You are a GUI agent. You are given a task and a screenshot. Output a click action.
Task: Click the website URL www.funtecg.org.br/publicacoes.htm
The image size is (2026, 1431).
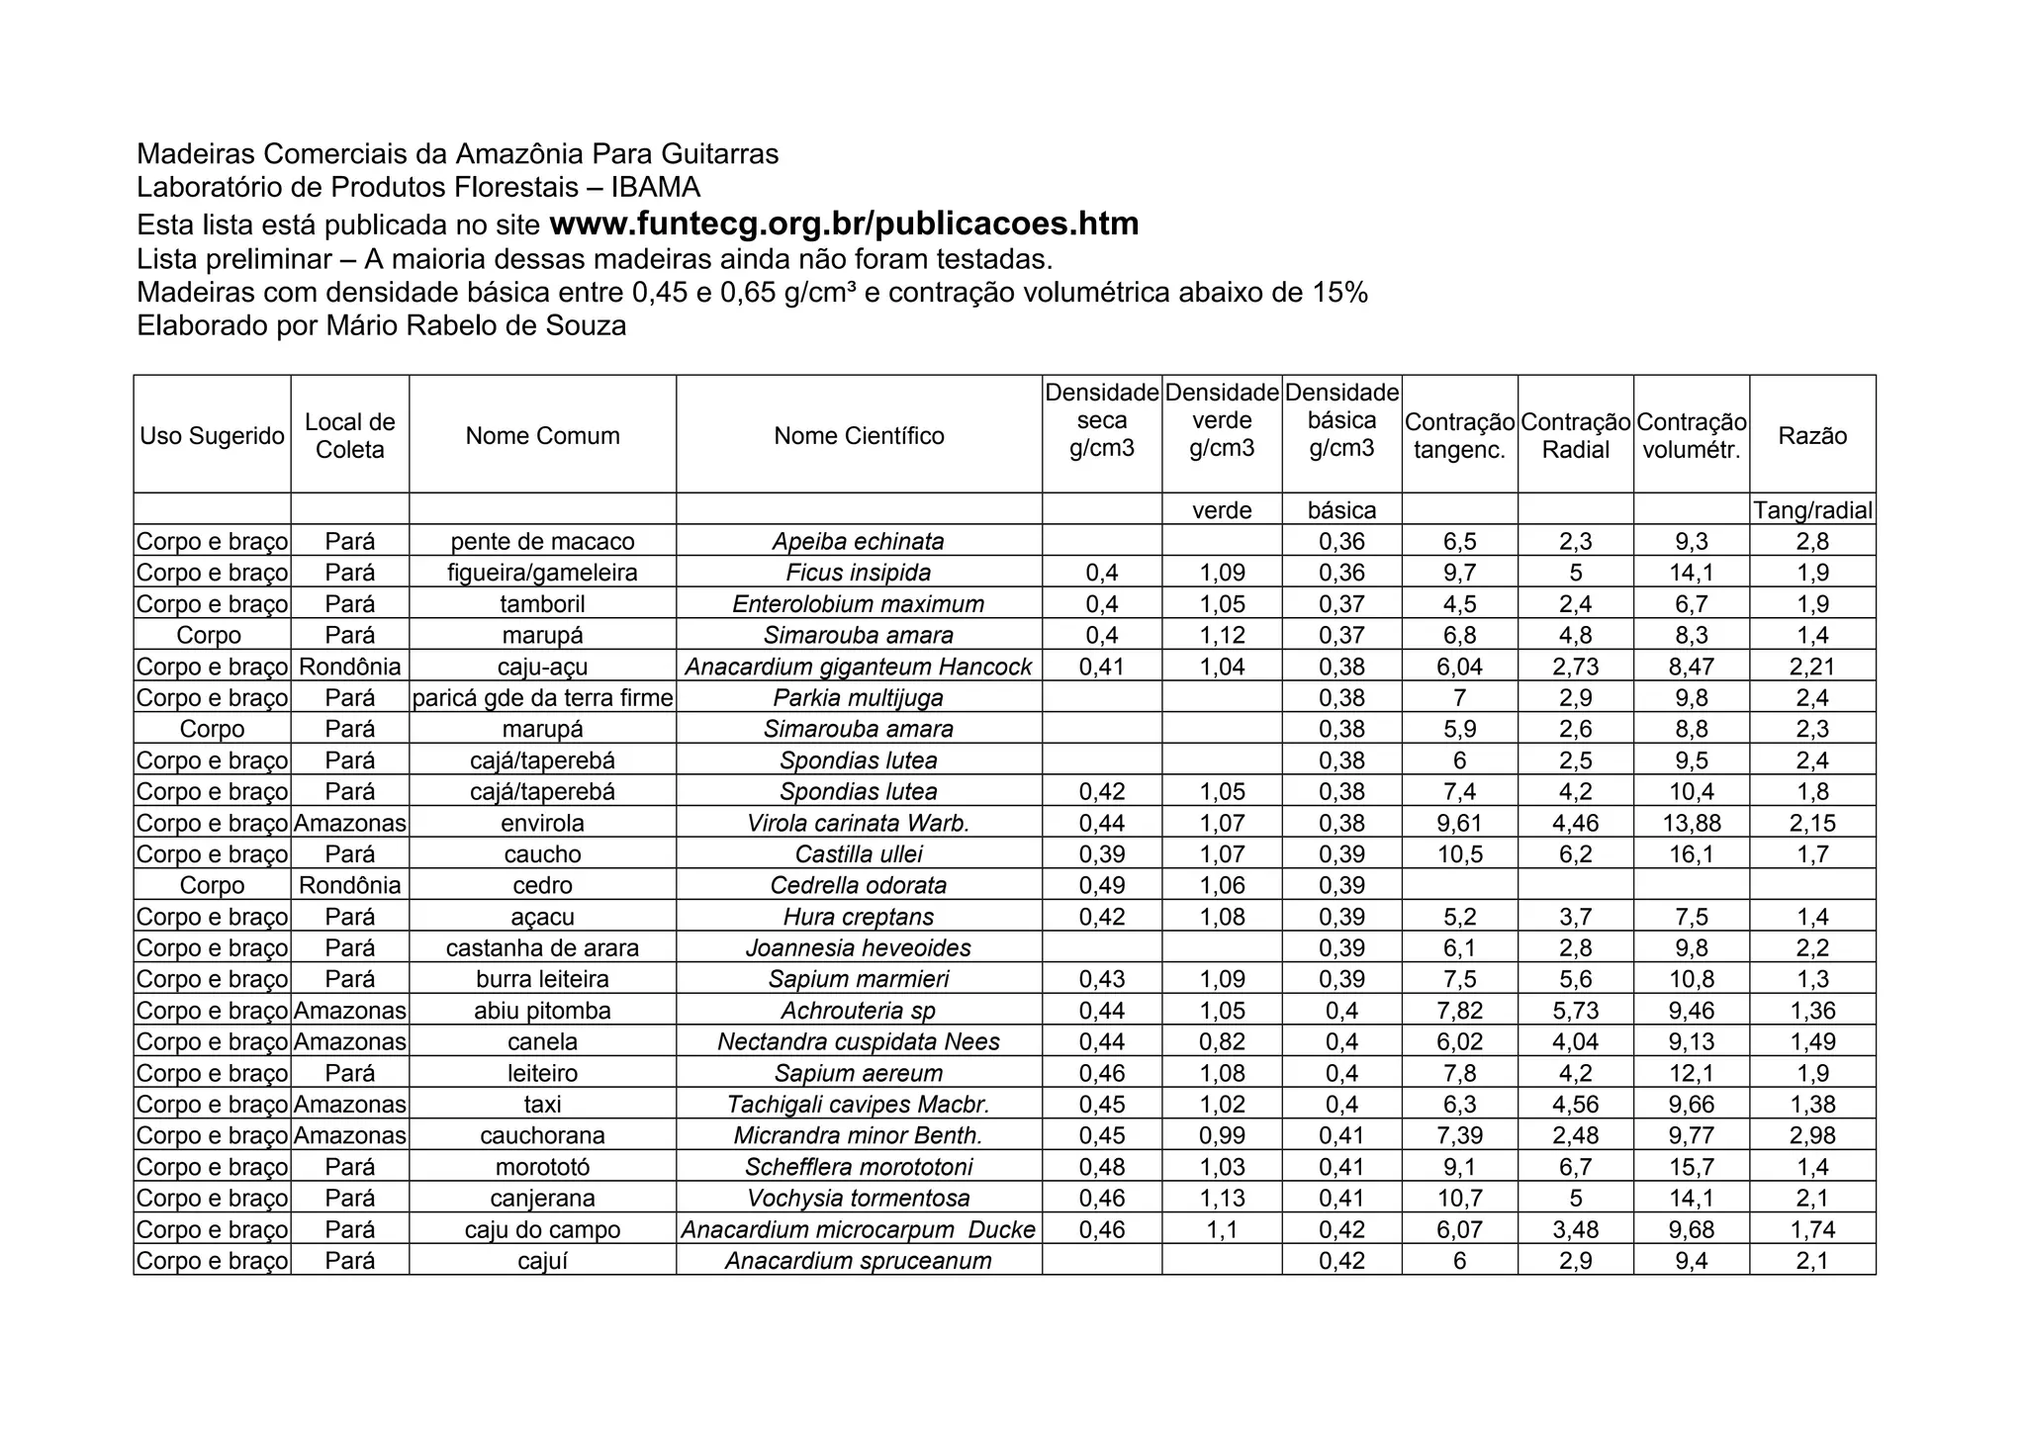tap(844, 224)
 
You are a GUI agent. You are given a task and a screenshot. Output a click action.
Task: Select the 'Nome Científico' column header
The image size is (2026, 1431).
tap(859, 436)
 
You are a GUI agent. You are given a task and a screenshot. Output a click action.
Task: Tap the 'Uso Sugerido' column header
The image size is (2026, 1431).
tap(212, 436)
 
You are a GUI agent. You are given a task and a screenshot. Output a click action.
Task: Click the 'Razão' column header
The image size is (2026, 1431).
tap(1812, 436)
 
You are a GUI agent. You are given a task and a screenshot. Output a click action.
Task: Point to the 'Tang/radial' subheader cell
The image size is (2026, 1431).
tap(1812, 510)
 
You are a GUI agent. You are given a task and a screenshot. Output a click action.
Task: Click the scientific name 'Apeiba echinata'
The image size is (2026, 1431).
tap(859, 542)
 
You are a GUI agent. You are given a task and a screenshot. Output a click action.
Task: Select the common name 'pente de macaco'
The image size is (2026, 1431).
tap(542, 542)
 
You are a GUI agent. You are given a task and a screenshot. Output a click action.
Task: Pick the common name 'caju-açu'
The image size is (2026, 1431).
tap(542, 668)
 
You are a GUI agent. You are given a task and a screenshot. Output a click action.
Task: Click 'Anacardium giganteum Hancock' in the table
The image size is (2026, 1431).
tap(859, 668)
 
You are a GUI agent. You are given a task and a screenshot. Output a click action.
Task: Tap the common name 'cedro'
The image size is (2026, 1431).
tap(542, 886)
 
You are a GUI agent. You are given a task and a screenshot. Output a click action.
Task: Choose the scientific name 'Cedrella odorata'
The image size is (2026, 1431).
tap(859, 886)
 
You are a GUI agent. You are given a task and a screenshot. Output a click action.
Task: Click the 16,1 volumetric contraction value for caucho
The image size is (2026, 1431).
tap(1692, 854)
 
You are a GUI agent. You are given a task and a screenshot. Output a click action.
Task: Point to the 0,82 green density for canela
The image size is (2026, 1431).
tap(1222, 1042)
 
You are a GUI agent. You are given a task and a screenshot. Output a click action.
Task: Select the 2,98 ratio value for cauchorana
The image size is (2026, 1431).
tap(1812, 1136)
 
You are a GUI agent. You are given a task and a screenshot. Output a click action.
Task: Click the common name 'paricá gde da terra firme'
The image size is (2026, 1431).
tap(542, 698)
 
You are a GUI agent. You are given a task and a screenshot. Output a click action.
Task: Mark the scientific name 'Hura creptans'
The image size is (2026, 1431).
tap(859, 918)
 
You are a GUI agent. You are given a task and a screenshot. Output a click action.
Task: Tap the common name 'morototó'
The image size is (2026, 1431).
tap(542, 1167)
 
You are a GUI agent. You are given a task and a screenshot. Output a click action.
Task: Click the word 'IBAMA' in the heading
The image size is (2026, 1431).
tap(656, 187)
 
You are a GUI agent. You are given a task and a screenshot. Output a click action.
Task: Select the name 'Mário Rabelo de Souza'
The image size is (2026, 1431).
tap(476, 325)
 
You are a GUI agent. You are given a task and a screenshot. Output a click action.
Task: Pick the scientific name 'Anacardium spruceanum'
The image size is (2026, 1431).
tap(859, 1261)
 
